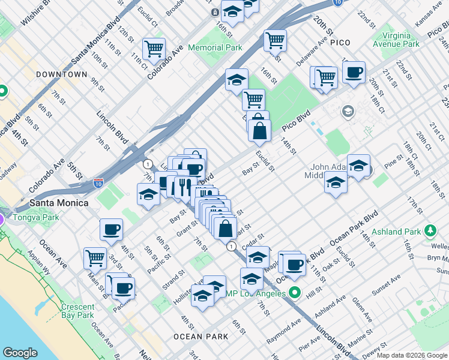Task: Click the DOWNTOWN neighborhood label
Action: tap(61, 74)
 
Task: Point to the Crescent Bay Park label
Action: tap(77, 310)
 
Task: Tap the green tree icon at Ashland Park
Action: tap(430, 230)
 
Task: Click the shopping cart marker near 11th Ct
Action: tap(154, 49)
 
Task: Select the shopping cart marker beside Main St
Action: tap(95, 257)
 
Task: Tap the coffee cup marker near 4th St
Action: tap(110, 229)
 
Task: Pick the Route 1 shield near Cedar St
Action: tap(231, 246)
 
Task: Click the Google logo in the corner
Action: tap(20, 353)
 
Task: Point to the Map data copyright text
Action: tap(412, 355)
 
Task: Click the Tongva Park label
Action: tap(38, 217)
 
